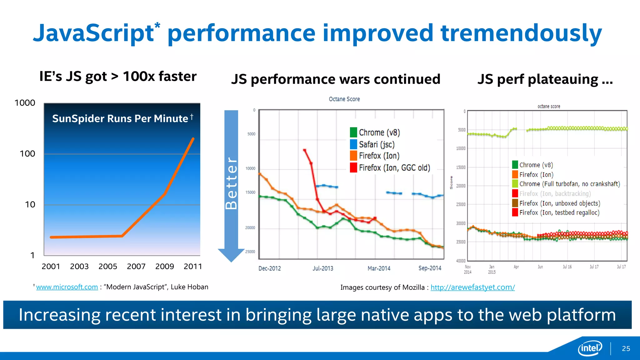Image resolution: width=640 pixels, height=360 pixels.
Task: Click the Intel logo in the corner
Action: pyautogui.click(x=590, y=348)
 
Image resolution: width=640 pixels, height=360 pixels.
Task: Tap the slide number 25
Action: pyautogui.click(x=626, y=349)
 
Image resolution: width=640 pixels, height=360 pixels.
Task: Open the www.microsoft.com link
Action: pyautogui.click(x=67, y=287)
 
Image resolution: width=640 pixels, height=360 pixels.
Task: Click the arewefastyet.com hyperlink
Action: pyautogui.click(x=472, y=287)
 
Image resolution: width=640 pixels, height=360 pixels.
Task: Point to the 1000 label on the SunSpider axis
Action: pyautogui.click(x=25, y=103)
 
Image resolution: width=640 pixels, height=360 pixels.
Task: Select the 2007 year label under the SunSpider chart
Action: pyautogui.click(x=136, y=266)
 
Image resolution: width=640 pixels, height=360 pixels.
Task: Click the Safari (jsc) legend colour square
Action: pyautogui.click(x=353, y=144)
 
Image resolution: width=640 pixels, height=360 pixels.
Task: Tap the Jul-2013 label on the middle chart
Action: pyautogui.click(x=323, y=268)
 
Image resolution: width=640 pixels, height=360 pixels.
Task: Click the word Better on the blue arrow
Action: pyautogui.click(x=232, y=183)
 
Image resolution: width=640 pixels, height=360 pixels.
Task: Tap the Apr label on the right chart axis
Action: pyautogui.click(x=516, y=267)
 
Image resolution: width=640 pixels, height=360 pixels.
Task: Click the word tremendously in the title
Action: pyautogui.click(x=521, y=33)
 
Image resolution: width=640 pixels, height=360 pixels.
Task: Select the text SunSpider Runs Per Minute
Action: pyautogui.click(x=120, y=119)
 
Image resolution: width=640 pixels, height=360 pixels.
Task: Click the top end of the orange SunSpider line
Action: pyautogui.click(x=193, y=139)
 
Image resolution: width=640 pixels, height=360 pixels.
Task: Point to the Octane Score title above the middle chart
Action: pyautogui.click(x=344, y=99)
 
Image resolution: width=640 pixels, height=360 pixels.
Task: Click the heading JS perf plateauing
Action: pyautogui.click(x=545, y=79)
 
